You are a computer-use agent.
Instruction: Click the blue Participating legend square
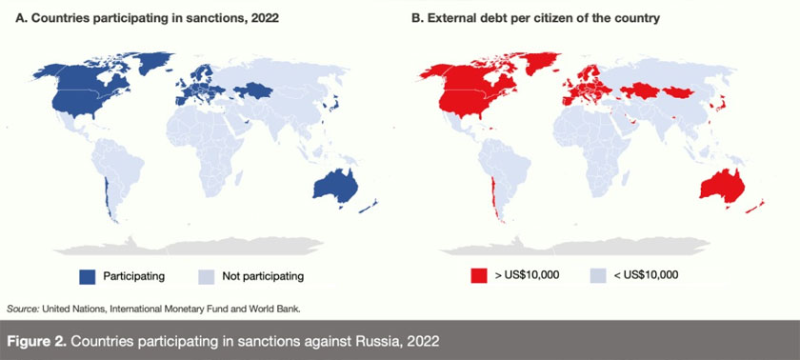(90, 276)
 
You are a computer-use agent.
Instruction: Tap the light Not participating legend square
(206, 276)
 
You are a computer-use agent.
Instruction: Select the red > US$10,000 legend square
(477, 276)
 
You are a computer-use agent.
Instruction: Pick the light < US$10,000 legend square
(597, 276)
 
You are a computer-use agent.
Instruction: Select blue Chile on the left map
(104, 195)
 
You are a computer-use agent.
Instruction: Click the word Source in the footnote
(22, 309)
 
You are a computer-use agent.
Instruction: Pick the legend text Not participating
(262, 276)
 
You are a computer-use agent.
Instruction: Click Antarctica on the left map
(219, 244)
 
